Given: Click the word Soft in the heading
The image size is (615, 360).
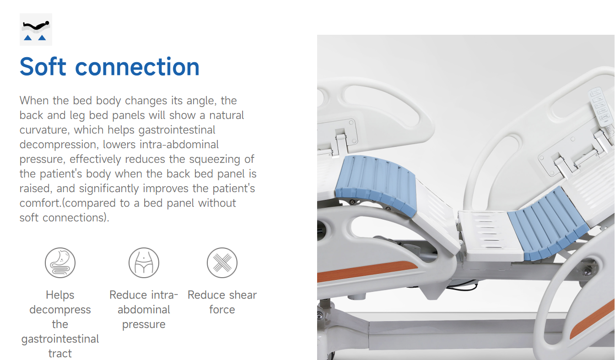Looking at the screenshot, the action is pyautogui.click(x=43, y=66).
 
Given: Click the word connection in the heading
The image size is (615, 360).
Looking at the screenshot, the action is pyautogui.click(x=137, y=66).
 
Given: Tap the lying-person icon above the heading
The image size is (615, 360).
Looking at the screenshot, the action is pyautogui.click(x=36, y=29).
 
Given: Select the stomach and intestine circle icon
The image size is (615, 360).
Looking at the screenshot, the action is pyautogui.click(x=60, y=263).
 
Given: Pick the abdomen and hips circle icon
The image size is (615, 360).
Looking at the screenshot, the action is pyautogui.click(x=144, y=263).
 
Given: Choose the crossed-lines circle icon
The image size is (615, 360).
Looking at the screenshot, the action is pyautogui.click(x=222, y=263).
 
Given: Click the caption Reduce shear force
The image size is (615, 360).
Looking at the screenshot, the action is pyautogui.click(x=222, y=302).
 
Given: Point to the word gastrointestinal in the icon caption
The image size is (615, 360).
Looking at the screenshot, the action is pyautogui.click(x=60, y=339).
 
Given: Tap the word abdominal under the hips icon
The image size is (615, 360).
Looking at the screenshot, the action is pyautogui.click(x=144, y=310).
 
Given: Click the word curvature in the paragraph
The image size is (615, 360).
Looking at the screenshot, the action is pyautogui.click(x=44, y=130).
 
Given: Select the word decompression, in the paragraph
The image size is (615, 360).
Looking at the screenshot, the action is pyautogui.click(x=59, y=145).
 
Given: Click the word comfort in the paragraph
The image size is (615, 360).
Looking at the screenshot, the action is pyautogui.click(x=40, y=203).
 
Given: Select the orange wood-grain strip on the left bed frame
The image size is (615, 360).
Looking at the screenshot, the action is pyautogui.click(x=367, y=271).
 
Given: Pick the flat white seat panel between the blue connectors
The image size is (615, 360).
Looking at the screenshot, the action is pyautogui.click(x=490, y=236).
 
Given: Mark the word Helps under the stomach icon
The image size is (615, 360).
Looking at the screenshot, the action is pyautogui.click(x=60, y=295).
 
